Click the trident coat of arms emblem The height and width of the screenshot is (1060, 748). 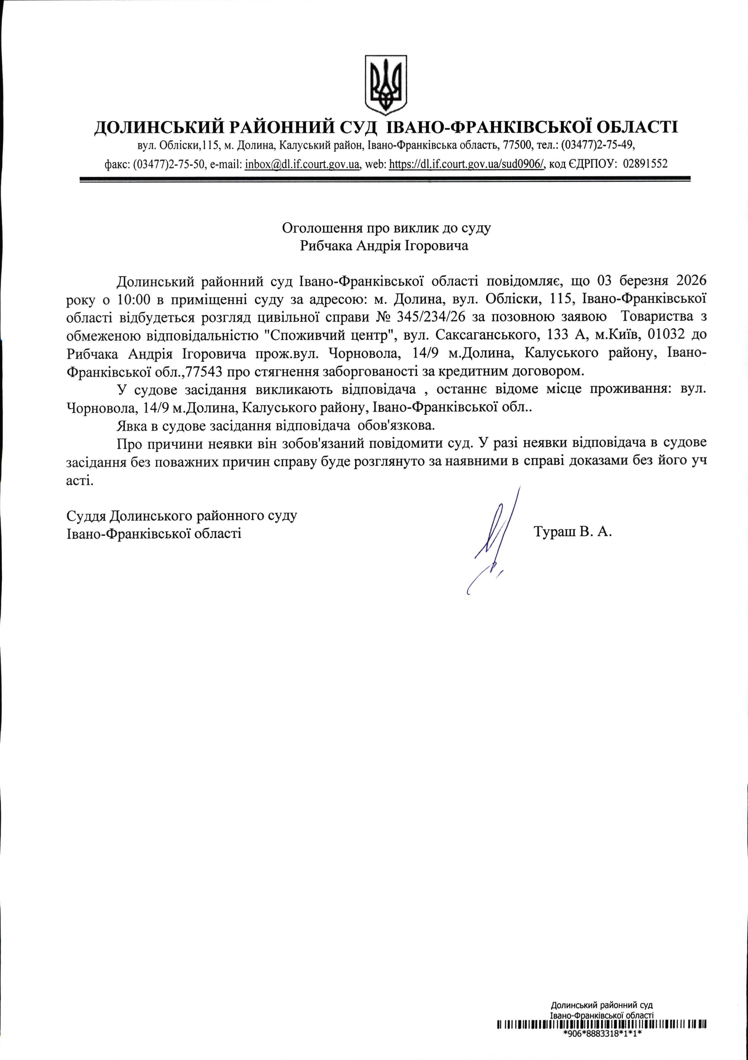386,85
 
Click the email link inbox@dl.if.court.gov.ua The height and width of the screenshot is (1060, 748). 302,164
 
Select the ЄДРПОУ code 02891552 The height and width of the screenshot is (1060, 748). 645,164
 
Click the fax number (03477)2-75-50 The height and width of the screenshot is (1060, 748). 169,164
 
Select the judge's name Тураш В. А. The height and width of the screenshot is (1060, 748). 573,532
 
